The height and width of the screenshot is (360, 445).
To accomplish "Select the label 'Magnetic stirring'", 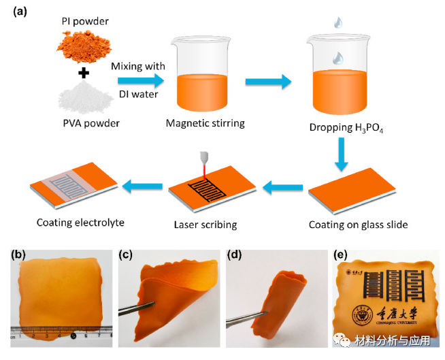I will coord(205,122).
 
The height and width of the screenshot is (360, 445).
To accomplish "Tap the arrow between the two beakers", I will coord(268,82).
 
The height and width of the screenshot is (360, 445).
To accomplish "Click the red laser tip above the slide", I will coord(203,164).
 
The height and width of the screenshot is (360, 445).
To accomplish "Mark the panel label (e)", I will coord(343,256).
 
